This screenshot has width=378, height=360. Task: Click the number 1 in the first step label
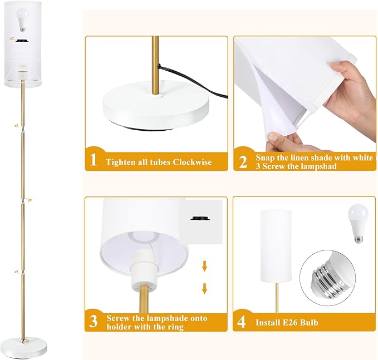point(94,161)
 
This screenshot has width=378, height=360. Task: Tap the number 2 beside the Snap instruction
point(243,161)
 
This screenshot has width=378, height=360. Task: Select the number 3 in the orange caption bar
point(94,321)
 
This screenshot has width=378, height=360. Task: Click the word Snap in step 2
point(266,157)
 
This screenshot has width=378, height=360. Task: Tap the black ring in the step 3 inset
point(200,219)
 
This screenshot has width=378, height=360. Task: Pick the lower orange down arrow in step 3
point(204,288)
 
